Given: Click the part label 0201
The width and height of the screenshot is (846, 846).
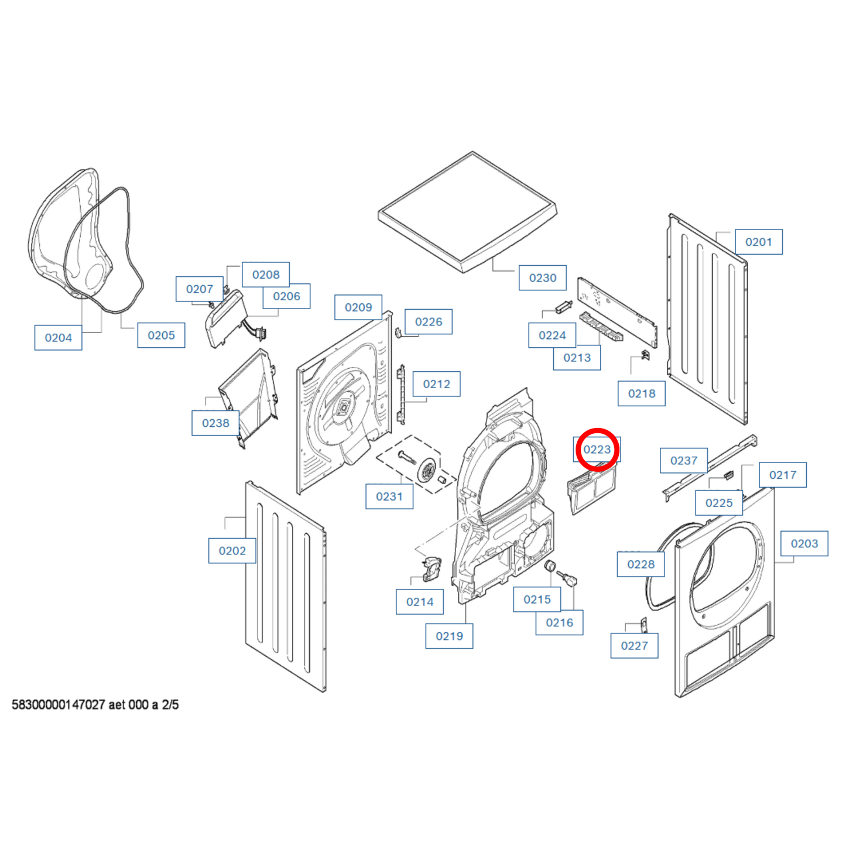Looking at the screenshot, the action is pyautogui.click(x=758, y=241).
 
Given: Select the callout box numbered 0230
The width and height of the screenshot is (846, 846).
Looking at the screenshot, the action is pyautogui.click(x=543, y=278).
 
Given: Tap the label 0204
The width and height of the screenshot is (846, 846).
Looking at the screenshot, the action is pyautogui.click(x=59, y=338).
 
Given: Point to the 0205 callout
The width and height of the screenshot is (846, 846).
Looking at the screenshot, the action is pyautogui.click(x=161, y=335).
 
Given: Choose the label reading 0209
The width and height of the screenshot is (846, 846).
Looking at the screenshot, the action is pyautogui.click(x=358, y=307).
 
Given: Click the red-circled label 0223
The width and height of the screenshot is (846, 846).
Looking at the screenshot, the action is pyautogui.click(x=597, y=450).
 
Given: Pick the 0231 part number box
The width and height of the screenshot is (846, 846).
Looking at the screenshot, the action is pyautogui.click(x=389, y=496).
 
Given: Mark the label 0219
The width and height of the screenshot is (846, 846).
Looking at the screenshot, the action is pyautogui.click(x=449, y=636).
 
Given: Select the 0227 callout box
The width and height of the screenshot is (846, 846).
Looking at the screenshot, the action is pyautogui.click(x=635, y=646).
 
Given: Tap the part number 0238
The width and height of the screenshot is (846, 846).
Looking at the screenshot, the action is pyautogui.click(x=215, y=423).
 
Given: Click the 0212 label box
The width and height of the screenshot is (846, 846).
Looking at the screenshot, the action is pyautogui.click(x=436, y=384).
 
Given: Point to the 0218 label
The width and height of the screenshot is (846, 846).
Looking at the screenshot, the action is pyautogui.click(x=642, y=393).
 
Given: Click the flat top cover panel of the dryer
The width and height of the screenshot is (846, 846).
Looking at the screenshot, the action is pyautogui.click(x=468, y=212).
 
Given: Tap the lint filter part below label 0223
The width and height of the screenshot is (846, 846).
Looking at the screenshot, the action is pyautogui.click(x=592, y=488).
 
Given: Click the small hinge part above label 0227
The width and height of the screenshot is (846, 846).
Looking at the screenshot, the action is pyautogui.click(x=643, y=626).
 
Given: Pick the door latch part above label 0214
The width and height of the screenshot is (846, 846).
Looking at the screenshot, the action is pyautogui.click(x=432, y=569).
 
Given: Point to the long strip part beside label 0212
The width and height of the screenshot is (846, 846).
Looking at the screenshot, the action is pyautogui.click(x=400, y=395).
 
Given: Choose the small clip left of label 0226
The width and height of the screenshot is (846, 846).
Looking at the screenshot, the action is pyautogui.click(x=398, y=333).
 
